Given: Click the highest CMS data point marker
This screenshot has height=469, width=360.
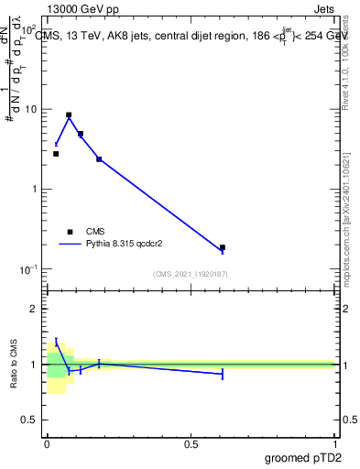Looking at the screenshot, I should [x=69, y=115].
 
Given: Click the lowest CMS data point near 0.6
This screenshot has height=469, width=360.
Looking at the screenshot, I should [x=223, y=247].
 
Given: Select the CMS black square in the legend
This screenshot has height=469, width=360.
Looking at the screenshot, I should [x=70, y=232].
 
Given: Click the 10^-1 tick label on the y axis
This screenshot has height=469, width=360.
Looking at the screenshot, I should [x=29, y=269].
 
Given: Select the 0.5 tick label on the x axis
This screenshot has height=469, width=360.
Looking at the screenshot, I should [x=191, y=444].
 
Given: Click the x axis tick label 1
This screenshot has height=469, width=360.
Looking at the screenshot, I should [x=335, y=444].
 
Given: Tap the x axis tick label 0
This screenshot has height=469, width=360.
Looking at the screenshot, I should [x=47, y=444].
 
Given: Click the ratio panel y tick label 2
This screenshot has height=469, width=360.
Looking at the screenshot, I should [x=35, y=309].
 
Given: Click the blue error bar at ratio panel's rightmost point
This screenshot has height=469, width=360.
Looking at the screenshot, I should [x=223, y=374].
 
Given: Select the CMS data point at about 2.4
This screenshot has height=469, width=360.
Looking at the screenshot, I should [x=99, y=159].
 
